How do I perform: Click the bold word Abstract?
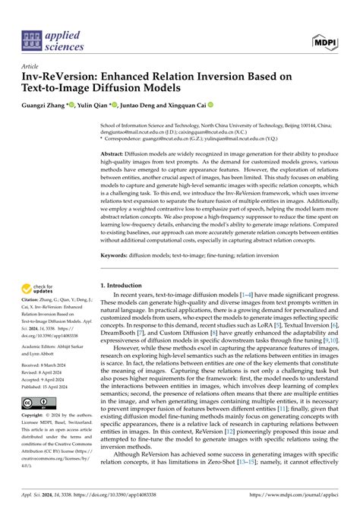coord(115,152)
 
